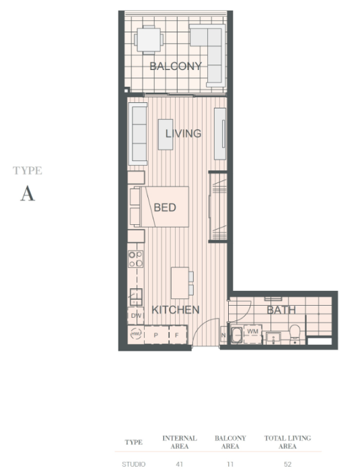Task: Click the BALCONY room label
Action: pos(176,66)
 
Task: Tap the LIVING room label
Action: pos(184,133)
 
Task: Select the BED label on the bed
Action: pos(165,207)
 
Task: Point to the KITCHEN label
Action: pos(176,310)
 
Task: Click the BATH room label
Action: pos(281,310)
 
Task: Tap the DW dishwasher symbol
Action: pos(136,316)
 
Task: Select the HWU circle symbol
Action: pos(136,334)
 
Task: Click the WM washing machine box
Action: pos(252,334)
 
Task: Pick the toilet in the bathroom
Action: pos(295,334)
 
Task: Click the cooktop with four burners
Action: pos(136,259)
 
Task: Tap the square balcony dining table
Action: pos(149,40)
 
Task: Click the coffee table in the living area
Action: pos(166,134)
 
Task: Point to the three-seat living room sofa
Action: pos(138,134)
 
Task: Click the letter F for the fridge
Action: pos(177,335)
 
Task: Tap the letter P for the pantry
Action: pos(156,335)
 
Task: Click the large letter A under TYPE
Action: pos(28,193)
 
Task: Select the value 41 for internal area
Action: pos(179,464)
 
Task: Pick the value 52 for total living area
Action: pos(287,464)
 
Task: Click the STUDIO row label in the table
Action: pos(133,464)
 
